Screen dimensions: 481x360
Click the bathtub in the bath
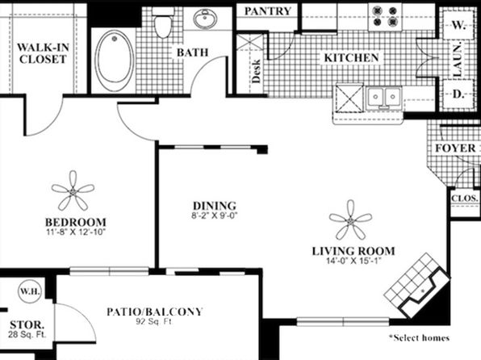[115, 61]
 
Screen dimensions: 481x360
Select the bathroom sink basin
[205, 18]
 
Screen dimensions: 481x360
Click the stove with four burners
[385, 17]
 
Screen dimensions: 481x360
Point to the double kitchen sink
[384, 98]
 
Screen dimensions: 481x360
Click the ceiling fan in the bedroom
[73, 190]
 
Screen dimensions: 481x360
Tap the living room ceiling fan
[350, 220]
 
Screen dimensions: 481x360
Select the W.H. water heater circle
[30, 291]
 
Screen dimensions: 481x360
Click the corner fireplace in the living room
[418, 286]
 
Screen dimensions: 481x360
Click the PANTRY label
[268, 11]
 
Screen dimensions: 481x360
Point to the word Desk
[256, 71]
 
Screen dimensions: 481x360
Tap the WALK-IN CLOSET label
[43, 53]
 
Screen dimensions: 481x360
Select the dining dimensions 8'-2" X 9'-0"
[215, 216]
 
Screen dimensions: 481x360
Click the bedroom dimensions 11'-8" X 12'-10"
[76, 232]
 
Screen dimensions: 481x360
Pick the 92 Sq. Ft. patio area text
[154, 322]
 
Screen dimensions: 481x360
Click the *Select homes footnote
[420, 338]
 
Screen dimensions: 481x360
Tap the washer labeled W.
[458, 25]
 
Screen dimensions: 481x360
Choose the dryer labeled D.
[458, 94]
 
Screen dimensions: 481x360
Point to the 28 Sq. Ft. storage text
[27, 334]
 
